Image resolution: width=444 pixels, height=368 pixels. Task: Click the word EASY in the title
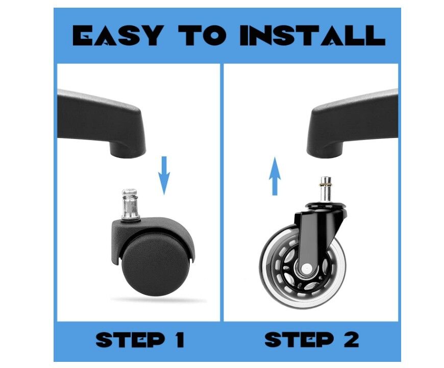point(118,35)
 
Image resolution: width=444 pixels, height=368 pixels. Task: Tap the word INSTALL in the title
point(312,35)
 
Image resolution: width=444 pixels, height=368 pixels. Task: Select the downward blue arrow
point(164,175)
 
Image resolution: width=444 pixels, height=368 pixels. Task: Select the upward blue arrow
point(275,176)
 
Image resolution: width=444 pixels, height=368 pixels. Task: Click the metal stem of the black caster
point(130,204)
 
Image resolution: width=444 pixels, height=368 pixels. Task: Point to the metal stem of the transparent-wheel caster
point(326,190)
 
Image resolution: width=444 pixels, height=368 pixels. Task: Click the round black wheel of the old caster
point(155,265)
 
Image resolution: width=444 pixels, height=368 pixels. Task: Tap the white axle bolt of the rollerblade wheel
point(306,267)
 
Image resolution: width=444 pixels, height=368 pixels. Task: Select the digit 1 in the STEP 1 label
point(179,340)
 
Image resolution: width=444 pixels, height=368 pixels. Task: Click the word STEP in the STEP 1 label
point(131,340)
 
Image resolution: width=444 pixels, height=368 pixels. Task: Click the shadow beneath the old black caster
point(159,300)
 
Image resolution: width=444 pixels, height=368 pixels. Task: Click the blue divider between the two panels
point(222,192)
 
